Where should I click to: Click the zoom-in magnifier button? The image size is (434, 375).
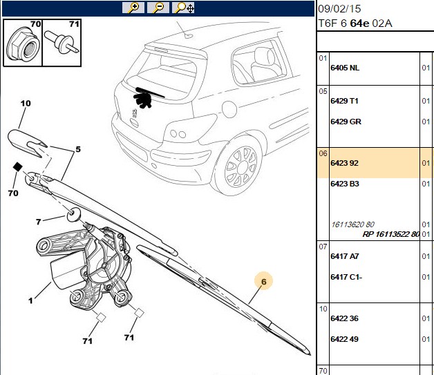[x=133, y=8]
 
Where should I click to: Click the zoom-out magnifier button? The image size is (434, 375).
[x=158, y=8]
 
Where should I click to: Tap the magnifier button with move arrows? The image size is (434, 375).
[x=183, y=8]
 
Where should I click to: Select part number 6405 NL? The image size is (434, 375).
[x=345, y=68]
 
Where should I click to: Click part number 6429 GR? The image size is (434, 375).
[x=346, y=122]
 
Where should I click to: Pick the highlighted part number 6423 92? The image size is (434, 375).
[x=344, y=163]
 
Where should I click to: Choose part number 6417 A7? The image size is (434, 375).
[x=344, y=256]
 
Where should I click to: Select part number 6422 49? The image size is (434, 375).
[x=344, y=339]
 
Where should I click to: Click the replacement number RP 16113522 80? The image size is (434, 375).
[x=391, y=234]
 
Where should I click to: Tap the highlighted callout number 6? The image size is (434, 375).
[x=263, y=282]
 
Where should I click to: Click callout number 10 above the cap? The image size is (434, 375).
[x=26, y=104]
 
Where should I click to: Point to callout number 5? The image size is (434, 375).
[x=78, y=149]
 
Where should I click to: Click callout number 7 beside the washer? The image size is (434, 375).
[x=38, y=222]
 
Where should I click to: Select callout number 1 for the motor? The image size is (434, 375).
[x=30, y=300]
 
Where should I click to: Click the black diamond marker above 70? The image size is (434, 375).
[x=18, y=166]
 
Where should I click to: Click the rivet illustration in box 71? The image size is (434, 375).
[x=62, y=42]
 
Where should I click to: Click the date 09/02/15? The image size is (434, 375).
[x=339, y=9]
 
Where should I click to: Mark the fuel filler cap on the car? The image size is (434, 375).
[x=229, y=109]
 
